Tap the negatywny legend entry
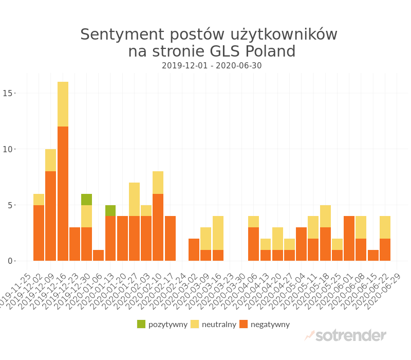pos(265,324)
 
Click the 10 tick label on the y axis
pos(7,149)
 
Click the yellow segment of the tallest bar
pos(63,104)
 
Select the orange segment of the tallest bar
pos(63,193)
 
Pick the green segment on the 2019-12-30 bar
pos(86,200)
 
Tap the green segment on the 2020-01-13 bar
pos(110,210)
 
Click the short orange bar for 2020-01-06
pos(99,255)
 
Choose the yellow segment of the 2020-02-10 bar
pos(158,182)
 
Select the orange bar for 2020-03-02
pos(194,249)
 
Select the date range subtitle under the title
pos(212,66)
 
